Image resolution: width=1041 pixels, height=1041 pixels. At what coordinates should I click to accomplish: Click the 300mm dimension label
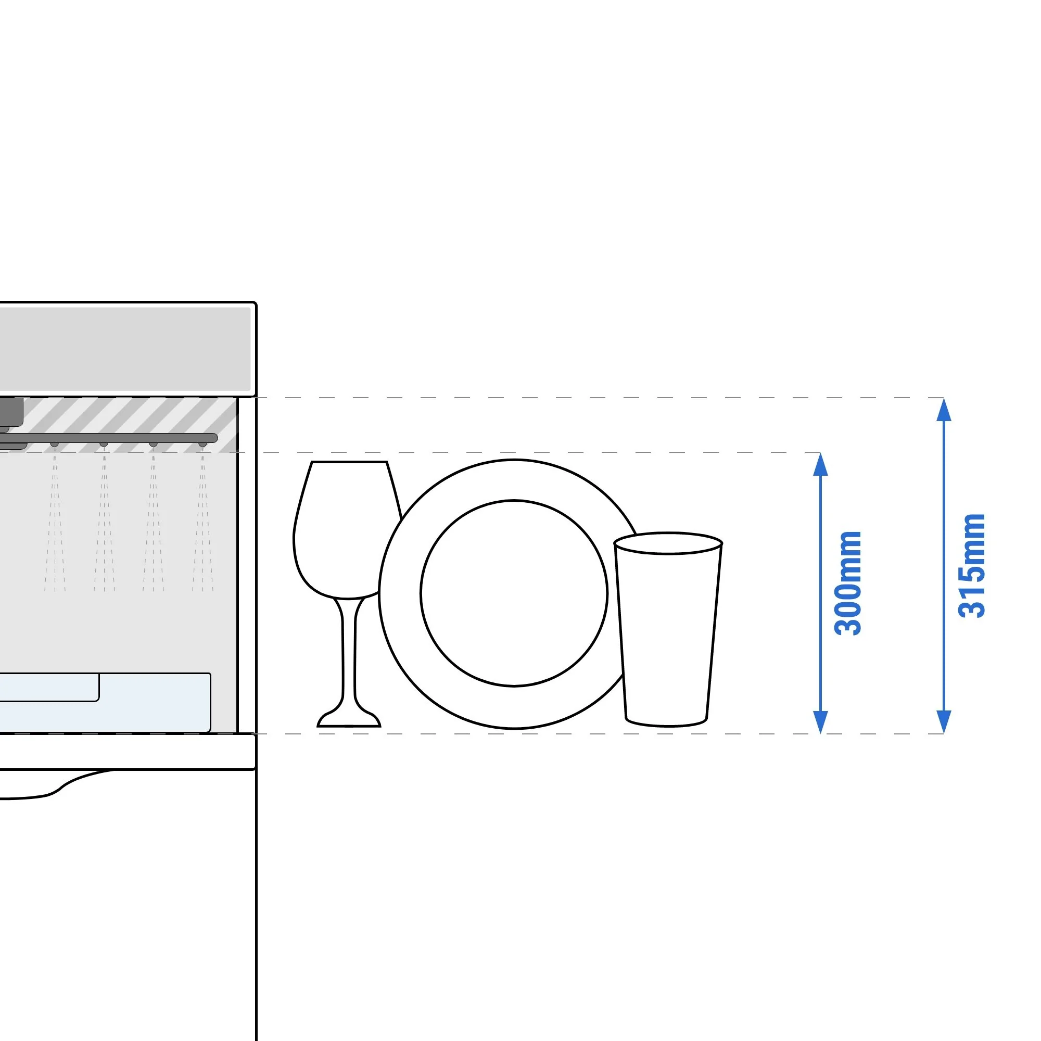pyautogui.click(x=847, y=583)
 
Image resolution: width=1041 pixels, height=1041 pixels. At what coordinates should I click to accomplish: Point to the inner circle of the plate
pyautogui.click(x=514, y=593)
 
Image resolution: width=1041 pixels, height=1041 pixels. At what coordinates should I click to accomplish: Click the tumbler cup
pyautogui.click(x=668, y=630)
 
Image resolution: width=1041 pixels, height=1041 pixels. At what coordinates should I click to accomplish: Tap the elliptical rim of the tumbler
pyautogui.click(x=668, y=543)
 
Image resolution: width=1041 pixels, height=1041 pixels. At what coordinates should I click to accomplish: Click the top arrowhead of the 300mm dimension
pyautogui.click(x=820, y=464)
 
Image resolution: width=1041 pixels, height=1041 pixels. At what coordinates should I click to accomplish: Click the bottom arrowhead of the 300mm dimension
pyautogui.click(x=820, y=722)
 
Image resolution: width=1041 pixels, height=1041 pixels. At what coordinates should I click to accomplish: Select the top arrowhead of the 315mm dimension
pyautogui.click(x=944, y=410)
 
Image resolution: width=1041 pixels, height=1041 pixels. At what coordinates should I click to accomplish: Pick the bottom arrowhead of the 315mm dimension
pyautogui.click(x=944, y=722)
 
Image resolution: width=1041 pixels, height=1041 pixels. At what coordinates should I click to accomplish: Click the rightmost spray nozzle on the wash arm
pyautogui.click(x=202, y=445)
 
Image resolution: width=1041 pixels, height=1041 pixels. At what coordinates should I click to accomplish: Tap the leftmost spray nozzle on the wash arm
pyautogui.click(x=55, y=445)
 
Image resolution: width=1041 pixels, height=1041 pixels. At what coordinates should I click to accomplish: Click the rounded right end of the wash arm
pyautogui.click(x=214, y=438)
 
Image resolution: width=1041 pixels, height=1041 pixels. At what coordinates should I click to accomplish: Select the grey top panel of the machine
pyautogui.click(x=125, y=349)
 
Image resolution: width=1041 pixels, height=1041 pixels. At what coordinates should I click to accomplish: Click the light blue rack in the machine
pyautogui.click(x=105, y=703)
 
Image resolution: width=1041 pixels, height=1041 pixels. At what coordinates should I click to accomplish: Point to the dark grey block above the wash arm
pyautogui.click(x=11, y=412)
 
